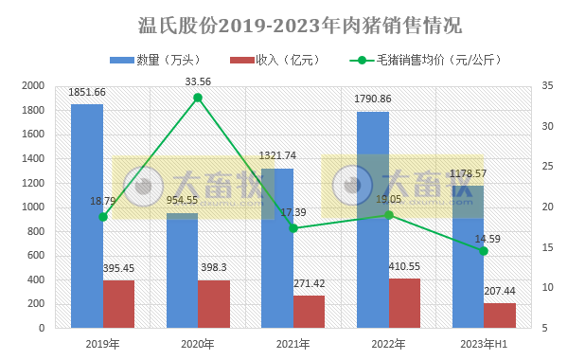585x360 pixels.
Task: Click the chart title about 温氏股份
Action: click(292, 24)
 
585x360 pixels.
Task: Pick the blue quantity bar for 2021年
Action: click(277, 248)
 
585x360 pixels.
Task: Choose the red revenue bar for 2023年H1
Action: click(500, 315)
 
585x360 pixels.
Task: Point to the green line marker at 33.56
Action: click(198, 98)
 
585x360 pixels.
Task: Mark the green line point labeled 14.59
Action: click(484, 251)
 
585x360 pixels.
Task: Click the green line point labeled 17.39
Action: click(293, 228)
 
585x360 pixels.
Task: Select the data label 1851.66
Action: click(87, 92)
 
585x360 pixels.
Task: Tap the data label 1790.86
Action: click(373, 99)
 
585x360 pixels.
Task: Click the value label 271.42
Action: click(310, 283)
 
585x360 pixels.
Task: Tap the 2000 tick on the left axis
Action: click(34, 86)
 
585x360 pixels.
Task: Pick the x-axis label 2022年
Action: click(388, 342)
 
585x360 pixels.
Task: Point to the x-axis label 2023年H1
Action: click(484, 342)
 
